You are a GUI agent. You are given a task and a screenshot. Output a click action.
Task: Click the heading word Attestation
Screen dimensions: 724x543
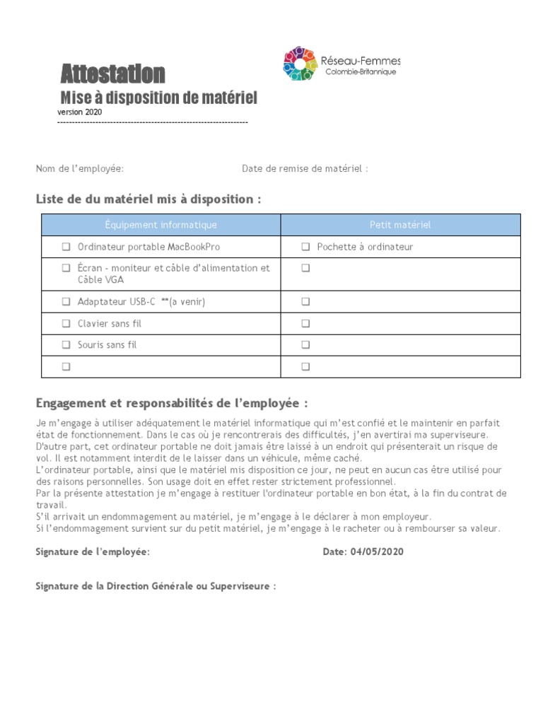click(x=112, y=74)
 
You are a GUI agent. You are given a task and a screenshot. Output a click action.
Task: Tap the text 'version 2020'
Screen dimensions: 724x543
click(x=79, y=112)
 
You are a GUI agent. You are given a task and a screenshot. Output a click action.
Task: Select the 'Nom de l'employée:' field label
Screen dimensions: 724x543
click(x=80, y=168)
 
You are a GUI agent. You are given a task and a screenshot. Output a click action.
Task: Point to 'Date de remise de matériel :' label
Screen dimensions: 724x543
click(x=305, y=168)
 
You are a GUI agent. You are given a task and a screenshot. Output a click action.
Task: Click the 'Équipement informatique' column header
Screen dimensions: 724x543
click(x=160, y=225)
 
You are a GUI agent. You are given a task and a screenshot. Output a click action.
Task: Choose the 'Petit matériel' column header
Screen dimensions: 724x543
click(x=400, y=225)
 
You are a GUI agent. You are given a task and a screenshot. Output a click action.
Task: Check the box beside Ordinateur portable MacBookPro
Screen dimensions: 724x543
click(x=66, y=247)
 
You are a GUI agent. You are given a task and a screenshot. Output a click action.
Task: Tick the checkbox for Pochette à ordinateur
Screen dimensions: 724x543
click(x=305, y=247)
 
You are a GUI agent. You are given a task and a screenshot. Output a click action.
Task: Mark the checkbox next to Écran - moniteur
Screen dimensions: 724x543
click(x=66, y=268)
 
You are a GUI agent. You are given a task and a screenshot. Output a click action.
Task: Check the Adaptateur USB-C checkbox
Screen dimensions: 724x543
click(x=66, y=301)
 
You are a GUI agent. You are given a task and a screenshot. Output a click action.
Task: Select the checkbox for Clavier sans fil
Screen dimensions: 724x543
click(x=66, y=323)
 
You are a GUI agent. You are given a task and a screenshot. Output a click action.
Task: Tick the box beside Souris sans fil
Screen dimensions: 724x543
click(x=66, y=345)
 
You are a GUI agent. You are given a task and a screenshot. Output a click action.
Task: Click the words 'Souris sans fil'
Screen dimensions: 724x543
click(x=107, y=345)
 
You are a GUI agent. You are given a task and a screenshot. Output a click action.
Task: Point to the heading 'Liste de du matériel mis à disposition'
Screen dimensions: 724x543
click(x=148, y=199)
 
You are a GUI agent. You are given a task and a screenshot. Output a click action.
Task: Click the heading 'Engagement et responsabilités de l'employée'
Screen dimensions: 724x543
click(x=172, y=403)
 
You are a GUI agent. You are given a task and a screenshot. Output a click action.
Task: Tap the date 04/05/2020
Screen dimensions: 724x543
click(x=376, y=551)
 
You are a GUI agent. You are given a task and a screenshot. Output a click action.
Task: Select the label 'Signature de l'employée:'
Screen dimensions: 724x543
click(x=93, y=551)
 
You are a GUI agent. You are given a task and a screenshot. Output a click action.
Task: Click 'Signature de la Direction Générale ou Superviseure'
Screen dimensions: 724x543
click(x=156, y=587)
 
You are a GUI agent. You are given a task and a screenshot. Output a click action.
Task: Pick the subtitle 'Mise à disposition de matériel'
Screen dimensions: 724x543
click(x=158, y=97)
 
